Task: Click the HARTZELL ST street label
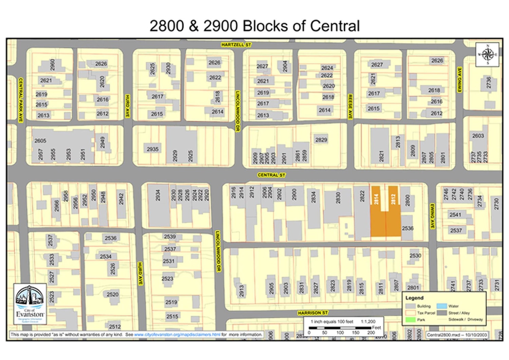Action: pyautogui.click(x=236, y=44)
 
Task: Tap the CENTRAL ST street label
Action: pyautogui.click(x=271, y=175)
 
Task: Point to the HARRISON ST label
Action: pyautogui.click(x=313, y=312)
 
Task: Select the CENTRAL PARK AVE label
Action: pyautogui.click(x=20, y=100)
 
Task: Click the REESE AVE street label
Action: pyautogui.click(x=350, y=107)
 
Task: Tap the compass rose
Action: pyautogui.click(x=487, y=54)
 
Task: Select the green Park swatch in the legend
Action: pyautogui.click(x=411, y=320)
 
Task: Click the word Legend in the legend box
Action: pyautogui.click(x=414, y=298)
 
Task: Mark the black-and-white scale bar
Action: pyautogui.click(x=340, y=328)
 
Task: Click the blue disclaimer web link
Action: pyautogui.click(x=177, y=335)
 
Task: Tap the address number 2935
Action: pyautogui.click(x=153, y=149)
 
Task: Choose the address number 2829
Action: pyautogui.click(x=321, y=139)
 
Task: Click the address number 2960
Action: pyautogui.click(x=53, y=65)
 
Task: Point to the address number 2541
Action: pyautogui.click(x=455, y=214)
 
